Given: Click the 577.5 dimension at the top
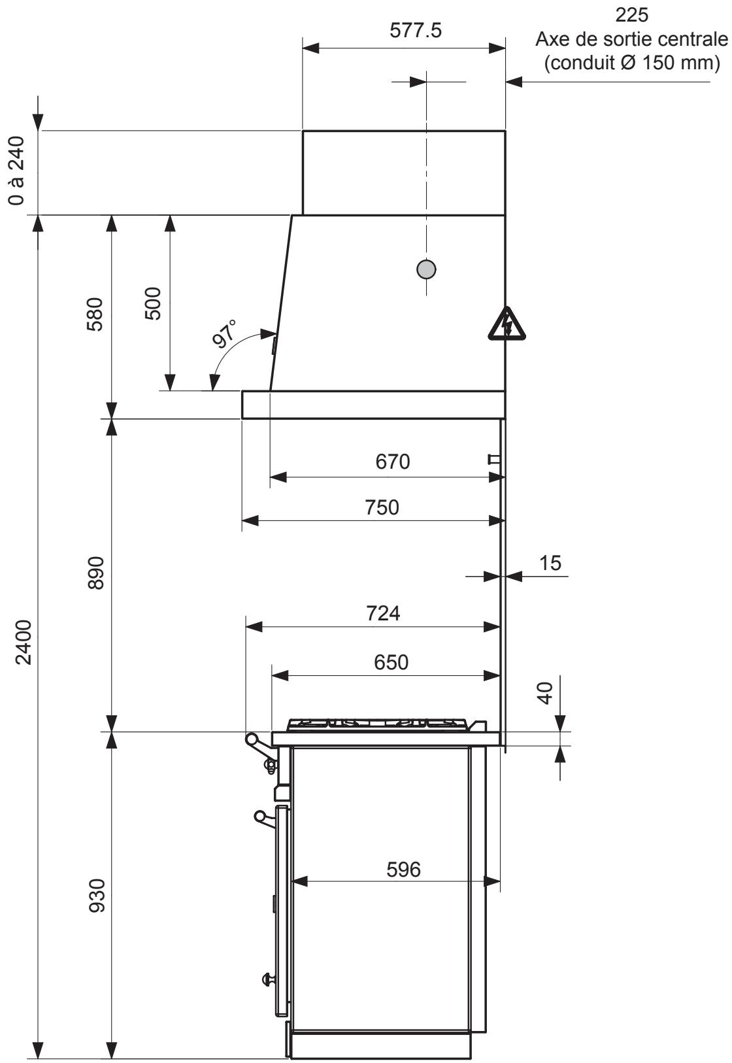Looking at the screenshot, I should [x=415, y=31].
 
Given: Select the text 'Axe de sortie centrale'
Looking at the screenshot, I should [x=631, y=40].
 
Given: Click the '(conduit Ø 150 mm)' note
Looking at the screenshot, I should [x=631, y=63].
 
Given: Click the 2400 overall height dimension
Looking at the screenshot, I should [x=24, y=642].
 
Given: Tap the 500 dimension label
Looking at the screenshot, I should [x=152, y=303].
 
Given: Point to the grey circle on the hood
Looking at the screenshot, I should [x=426, y=269].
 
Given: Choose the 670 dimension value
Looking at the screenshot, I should [x=392, y=462].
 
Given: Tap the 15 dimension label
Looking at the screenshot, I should [x=550, y=562].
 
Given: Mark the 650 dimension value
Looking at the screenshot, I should [x=391, y=662].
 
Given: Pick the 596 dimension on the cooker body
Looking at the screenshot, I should [x=403, y=869].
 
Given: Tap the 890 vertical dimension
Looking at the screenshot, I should [x=95, y=573].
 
